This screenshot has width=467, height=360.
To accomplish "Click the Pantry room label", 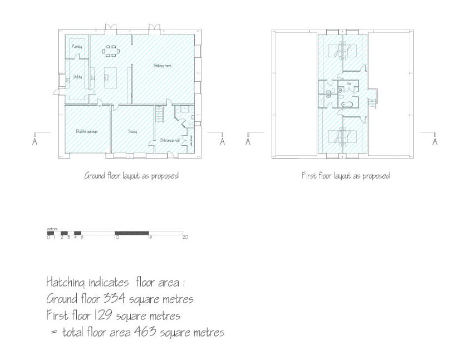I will coord(77,47).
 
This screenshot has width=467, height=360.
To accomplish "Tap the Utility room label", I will coord(77,77).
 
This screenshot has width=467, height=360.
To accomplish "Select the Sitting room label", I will coord(162,66).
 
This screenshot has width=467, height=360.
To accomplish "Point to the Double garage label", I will coord(87,131).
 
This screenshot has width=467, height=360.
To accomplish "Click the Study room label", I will coord(132,131).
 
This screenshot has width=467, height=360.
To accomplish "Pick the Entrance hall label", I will coord(169,140).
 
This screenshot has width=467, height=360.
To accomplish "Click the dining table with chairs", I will coord(110,51).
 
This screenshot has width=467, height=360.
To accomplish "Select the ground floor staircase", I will coord(159,114).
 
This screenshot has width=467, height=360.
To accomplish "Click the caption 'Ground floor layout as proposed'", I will coord(131,176).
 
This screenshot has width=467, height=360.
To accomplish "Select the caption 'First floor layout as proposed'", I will coord(345,176).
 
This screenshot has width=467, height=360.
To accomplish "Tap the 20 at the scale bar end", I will coord(185,238).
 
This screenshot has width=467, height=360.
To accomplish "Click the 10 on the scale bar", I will coord(117,238).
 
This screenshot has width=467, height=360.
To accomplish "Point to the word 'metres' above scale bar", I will coord(53,229).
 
